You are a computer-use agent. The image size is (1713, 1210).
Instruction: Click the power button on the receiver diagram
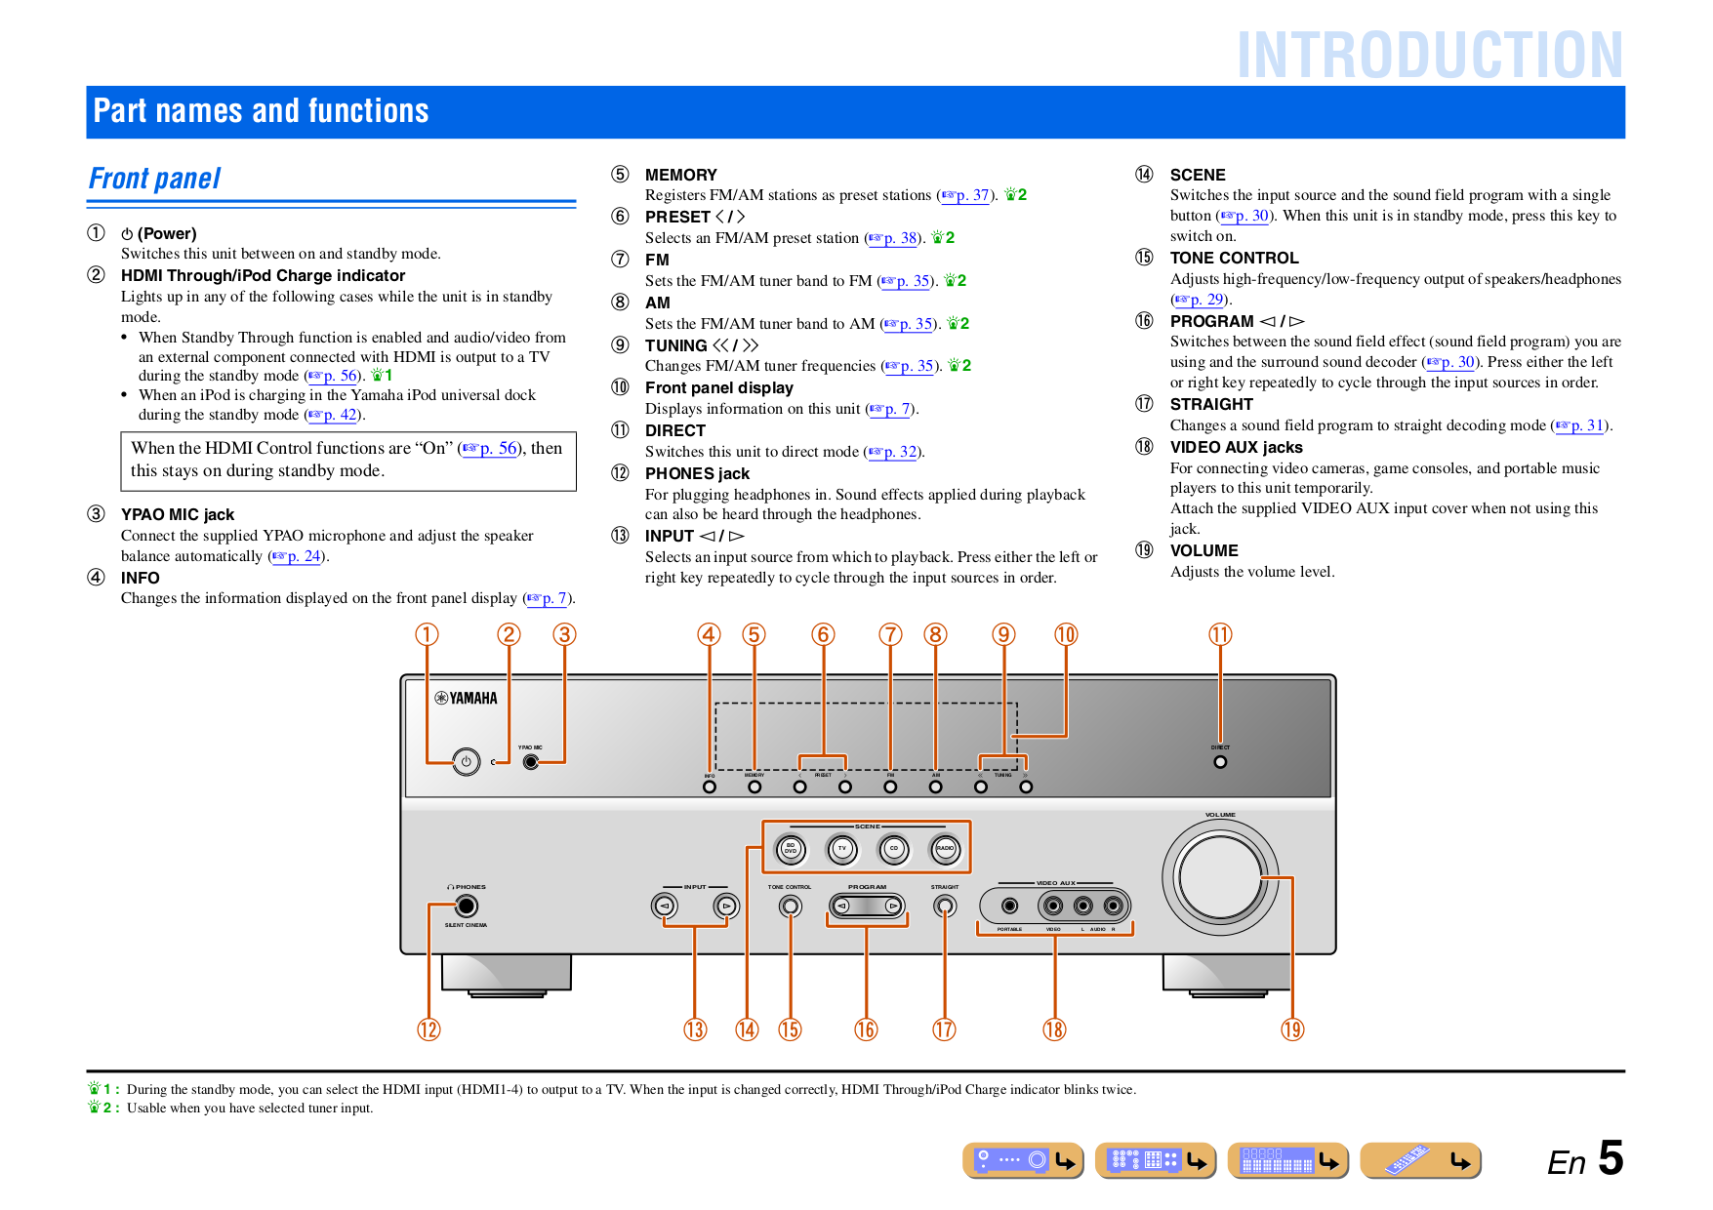tap(467, 761)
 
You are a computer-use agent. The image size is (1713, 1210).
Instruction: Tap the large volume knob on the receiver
tap(1219, 876)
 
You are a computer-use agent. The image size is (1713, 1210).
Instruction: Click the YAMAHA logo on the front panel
tap(467, 698)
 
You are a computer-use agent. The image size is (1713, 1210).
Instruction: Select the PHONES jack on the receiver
tap(467, 907)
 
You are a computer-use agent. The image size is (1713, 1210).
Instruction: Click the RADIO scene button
tap(945, 849)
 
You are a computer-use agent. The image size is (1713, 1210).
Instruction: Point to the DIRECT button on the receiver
tap(1220, 761)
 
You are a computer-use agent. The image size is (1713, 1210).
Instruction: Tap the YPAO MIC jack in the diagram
tap(531, 761)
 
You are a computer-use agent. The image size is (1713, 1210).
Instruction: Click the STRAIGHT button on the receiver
tap(944, 907)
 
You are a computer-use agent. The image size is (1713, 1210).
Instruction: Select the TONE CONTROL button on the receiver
tap(791, 907)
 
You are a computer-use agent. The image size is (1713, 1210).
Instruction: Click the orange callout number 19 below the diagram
tap(1292, 1029)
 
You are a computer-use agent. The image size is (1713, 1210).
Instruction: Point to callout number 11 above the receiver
tap(1220, 635)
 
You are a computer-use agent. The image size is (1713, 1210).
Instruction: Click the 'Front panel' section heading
tap(155, 179)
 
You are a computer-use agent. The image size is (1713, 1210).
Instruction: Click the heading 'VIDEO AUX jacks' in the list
tap(1236, 447)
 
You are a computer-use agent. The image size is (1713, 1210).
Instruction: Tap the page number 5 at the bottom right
tap(1611, 1158)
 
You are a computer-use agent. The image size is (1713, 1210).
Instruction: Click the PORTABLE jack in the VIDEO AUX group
tap(1010, 907)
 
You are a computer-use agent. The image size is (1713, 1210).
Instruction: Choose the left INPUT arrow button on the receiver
tap(665, 907)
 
